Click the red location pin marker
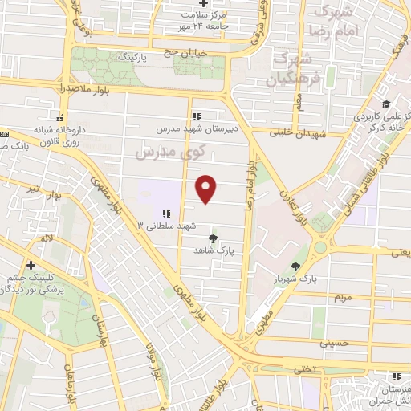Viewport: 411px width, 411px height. [207, 189]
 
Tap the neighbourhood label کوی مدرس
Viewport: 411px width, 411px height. [170, 150]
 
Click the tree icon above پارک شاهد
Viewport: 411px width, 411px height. [213, 238]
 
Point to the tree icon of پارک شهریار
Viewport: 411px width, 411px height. [296, 267]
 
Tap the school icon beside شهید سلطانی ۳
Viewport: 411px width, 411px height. [165, 214]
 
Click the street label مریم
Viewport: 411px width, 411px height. [343, 297]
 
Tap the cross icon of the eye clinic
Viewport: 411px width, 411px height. [31, 265]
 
